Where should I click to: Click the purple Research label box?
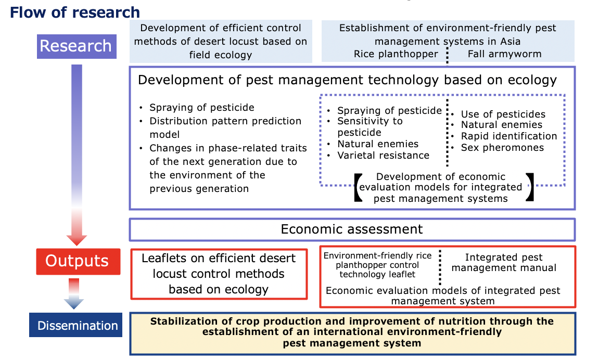point(77,46)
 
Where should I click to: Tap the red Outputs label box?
point(78,262)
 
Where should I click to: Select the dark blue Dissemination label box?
point(75,325)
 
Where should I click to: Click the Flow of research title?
point(75,12)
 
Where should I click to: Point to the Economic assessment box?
point(352,229)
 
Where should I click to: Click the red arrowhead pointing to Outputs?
point(77,240)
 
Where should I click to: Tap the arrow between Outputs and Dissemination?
point(74,294)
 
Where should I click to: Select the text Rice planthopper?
point(396,54)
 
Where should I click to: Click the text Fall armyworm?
point(505,54)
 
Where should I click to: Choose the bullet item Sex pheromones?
point(502,148)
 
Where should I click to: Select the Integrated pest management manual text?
point(504,263)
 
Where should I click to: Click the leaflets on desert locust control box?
point(219,274)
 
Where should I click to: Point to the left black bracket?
point(358,187)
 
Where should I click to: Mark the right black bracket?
point(530,187)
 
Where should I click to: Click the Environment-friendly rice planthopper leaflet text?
point(378,265)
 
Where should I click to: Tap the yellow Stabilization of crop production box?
point(352,333)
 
